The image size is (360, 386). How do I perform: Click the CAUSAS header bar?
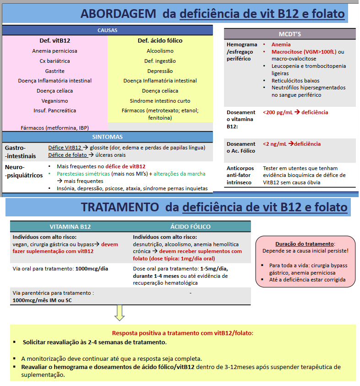coord(108,30)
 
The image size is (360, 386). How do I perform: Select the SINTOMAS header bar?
coord(108,137)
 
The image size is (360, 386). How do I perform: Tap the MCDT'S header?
coord(289,34)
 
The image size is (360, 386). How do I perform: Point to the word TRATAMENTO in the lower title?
coord(121,207)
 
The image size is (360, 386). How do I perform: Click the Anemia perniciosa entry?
coord(55,51)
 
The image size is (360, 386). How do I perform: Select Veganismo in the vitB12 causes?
coord(55,100)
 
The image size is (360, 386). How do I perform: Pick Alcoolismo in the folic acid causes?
coord(160,51)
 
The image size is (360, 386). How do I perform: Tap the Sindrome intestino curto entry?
coord(160,100)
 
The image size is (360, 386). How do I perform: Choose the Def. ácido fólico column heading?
coord(160,41)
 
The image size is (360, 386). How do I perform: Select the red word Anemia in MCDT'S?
coord(281,44)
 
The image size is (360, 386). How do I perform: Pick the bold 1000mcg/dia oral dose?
coord(92,269)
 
